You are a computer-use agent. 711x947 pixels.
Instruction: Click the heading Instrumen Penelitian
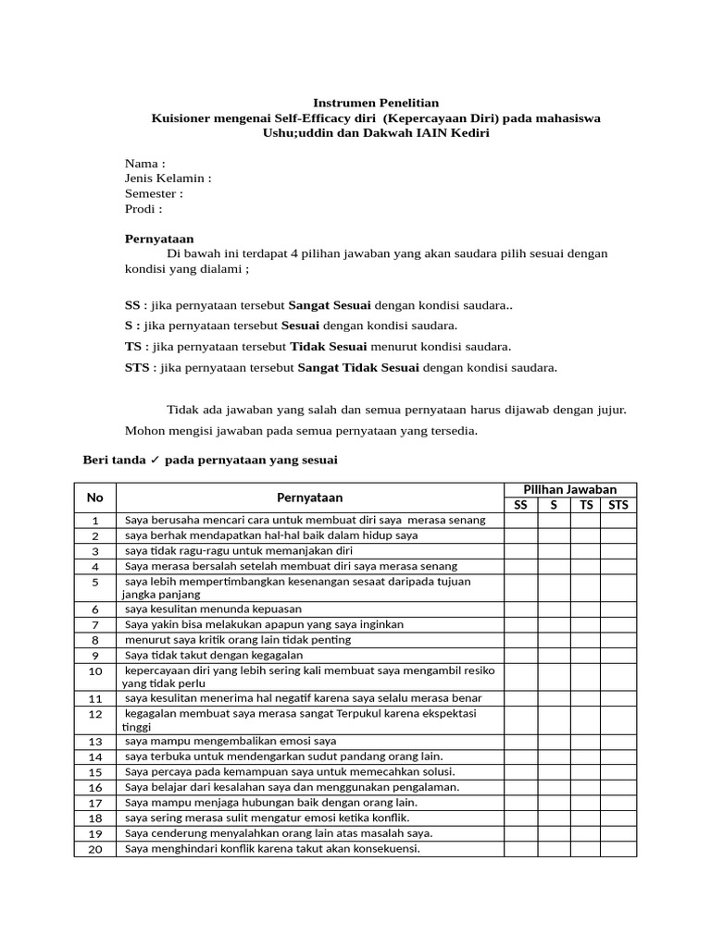click(375, 103)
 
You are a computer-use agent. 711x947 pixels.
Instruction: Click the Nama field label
click(144, 164)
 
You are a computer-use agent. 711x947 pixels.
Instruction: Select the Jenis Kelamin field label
click(168, 178)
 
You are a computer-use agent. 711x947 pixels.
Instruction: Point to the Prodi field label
click(143, 209)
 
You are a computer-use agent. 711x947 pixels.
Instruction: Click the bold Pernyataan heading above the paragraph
click(159, 239)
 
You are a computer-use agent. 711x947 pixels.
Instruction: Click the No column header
click(95, 498)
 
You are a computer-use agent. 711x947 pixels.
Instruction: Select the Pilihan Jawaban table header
click(570, 489)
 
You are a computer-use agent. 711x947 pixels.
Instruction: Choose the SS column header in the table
click(521, 505)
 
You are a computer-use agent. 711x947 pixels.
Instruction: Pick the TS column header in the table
click(586, 505)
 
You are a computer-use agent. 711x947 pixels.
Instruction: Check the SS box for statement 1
click(521, 521)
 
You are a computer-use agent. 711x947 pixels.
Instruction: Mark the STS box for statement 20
click(617, 849)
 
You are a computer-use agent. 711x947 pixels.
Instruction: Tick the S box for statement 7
click(554, 624)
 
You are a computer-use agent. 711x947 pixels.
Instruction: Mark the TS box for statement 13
click(586, 741)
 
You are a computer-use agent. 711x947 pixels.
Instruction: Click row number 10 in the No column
click(95, 670)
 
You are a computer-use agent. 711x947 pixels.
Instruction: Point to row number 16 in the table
click(95, 787)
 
